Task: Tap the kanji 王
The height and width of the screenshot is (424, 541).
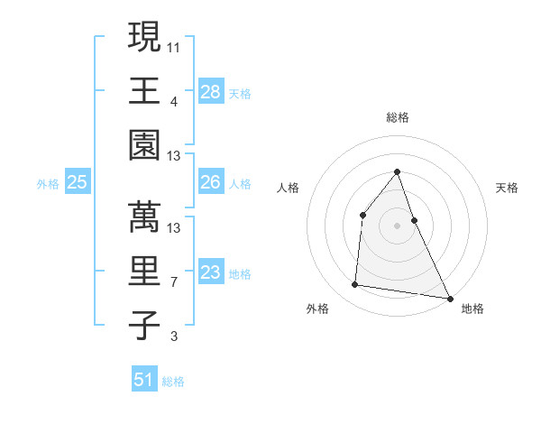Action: [x=144, y=90]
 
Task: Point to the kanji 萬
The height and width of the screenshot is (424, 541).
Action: [x=144, y=215]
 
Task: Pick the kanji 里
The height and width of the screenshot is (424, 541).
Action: [x=144, y=271]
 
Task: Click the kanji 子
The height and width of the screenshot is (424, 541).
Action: [x=144, y=326]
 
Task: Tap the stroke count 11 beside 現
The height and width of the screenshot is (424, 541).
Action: [x=175, y=45]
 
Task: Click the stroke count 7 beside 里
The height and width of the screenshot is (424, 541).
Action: [x=173, y=282]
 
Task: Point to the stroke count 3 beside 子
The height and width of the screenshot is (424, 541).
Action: [x=173, y=337]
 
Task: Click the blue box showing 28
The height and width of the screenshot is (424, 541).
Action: [x=211, y=92]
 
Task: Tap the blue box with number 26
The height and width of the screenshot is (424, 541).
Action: [x=211, y=182]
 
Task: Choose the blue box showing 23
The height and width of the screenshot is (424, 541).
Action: [x=211, y=272]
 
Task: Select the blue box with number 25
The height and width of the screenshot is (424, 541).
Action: [x=78, y=182]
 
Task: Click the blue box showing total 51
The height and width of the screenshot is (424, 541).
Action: [x=144, y=380]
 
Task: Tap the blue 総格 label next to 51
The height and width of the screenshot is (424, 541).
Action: [x=173, y=382]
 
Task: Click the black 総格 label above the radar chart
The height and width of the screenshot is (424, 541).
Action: [x=398, y=117]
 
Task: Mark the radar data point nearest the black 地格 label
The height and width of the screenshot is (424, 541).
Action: [x=449, y=298]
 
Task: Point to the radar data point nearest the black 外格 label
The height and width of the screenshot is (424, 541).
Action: [x=355, y=285]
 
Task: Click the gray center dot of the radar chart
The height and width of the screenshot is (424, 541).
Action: [x=398, y=226]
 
